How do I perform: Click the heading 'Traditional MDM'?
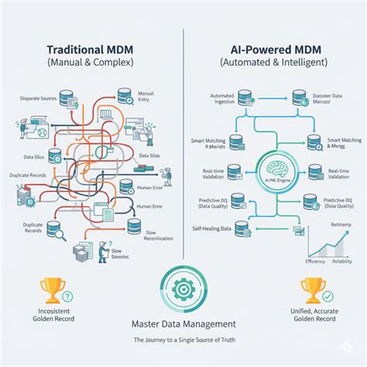click(90, 46)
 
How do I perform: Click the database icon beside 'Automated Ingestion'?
click(245, 98)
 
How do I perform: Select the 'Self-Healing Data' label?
click(211, 228)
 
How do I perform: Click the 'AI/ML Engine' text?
click(276, 178)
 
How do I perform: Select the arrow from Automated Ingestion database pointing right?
click(271, 98)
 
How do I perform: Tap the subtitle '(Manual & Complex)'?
click(90, 61)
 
